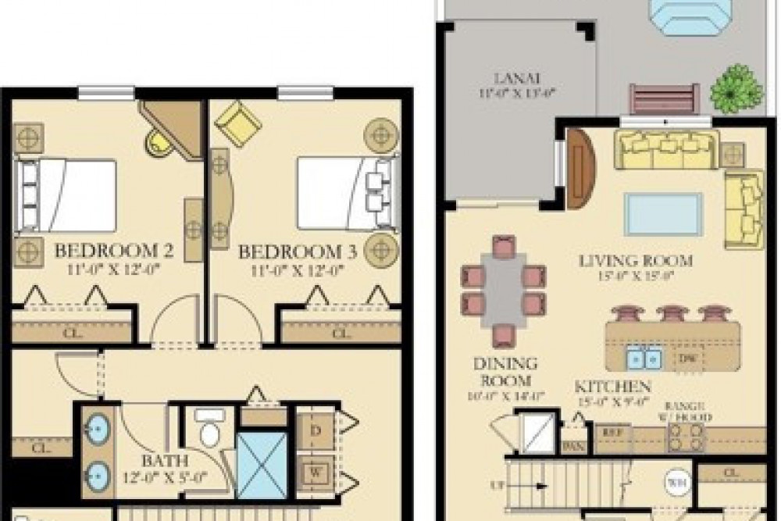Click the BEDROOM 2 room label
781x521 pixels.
114,252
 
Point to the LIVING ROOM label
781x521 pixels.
637,259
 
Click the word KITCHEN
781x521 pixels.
613,387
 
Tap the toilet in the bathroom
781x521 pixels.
209,429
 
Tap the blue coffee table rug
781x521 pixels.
663,214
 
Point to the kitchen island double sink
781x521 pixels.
644,358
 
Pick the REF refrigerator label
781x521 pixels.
604,430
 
